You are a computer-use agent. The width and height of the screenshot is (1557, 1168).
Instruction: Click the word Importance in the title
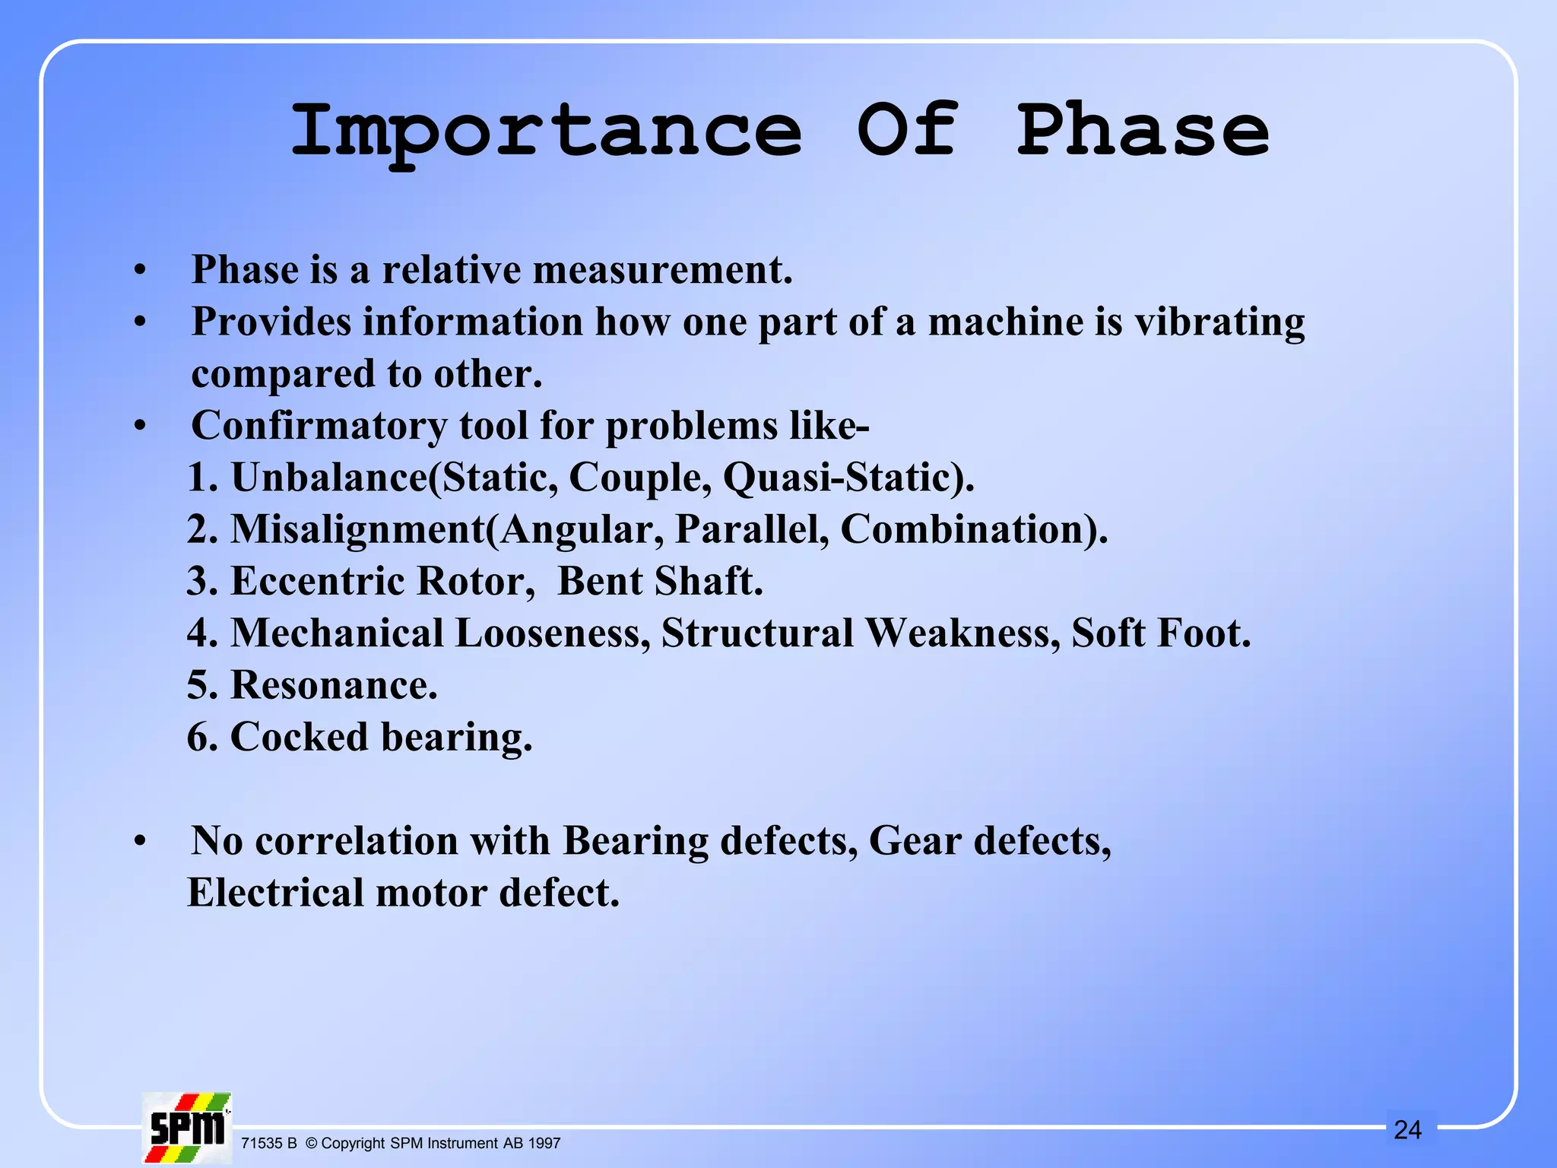[546, 132]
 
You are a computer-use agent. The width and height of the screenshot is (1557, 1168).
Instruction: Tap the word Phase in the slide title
[1143, 130]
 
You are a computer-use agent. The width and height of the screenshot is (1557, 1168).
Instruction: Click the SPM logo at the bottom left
[187, 1127]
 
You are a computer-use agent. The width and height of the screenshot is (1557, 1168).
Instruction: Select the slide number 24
[1407, 1130]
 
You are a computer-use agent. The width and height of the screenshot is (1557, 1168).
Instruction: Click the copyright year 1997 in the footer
[544, 1144]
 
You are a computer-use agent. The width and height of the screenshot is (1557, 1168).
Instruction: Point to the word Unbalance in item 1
[328, 478]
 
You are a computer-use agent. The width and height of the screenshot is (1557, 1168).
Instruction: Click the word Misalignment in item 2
[357, 529]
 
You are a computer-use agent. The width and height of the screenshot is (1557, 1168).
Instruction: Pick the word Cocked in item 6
[299, 737]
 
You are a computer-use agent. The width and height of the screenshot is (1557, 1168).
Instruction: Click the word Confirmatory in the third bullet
[319, 425]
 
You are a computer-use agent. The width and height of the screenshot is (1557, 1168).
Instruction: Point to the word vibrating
[1219, 322]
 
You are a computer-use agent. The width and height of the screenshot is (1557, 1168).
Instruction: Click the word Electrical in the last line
[275, 893]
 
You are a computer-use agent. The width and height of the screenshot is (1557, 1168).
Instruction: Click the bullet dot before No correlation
[139, 842]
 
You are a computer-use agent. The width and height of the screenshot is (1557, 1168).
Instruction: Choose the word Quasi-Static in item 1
[846, 478]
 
